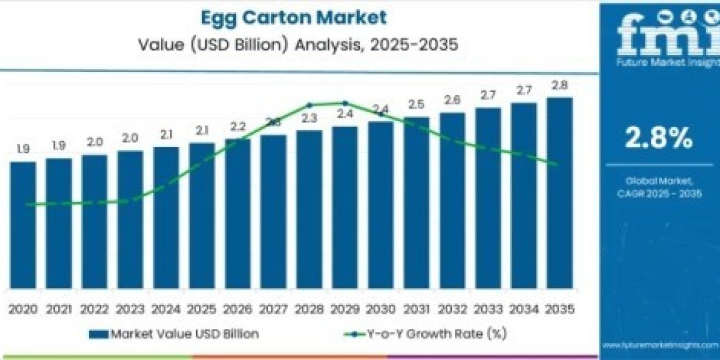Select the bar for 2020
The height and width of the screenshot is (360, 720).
[23, 224]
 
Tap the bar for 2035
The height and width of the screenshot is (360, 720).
[559, 192]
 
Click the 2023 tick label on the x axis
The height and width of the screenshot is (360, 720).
[130, 309]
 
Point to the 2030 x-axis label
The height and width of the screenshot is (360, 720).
[380, 309]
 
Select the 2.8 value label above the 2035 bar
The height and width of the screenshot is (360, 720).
[560, 85]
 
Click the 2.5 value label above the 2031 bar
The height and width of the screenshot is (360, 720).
[416, 104]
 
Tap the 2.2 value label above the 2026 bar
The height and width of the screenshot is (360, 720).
[238, 127]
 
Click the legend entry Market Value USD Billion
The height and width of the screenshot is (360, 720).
[174, 334]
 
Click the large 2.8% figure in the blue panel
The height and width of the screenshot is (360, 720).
[659, 139]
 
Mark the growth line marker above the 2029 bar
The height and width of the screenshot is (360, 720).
[345, 103]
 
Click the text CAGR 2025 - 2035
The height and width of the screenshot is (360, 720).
[659, 193]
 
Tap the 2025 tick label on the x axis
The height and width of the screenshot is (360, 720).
[202, 309]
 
